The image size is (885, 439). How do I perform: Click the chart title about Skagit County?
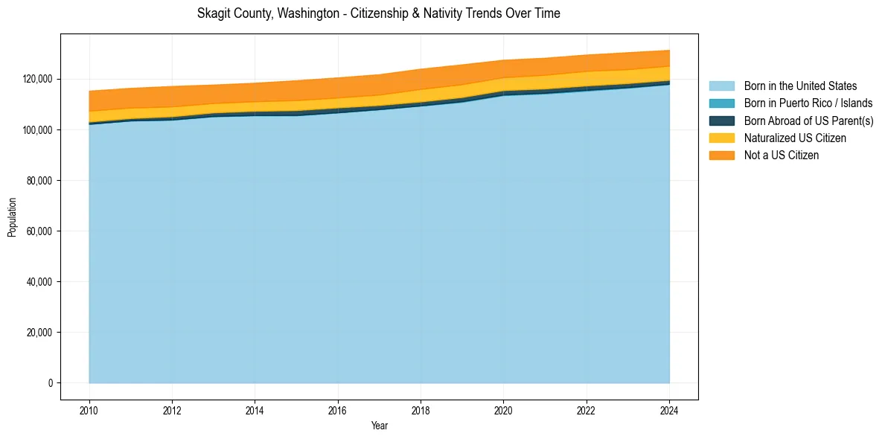378,13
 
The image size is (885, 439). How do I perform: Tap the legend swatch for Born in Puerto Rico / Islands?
721,103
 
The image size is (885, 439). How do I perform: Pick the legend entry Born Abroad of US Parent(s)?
808,121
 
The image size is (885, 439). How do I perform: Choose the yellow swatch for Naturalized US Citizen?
721,138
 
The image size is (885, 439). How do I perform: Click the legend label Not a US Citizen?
781,155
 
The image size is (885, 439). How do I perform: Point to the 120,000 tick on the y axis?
38,79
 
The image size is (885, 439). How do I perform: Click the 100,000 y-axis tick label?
38,130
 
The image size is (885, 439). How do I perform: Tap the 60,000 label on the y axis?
40,231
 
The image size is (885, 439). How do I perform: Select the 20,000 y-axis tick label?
40,333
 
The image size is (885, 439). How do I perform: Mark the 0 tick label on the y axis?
51,383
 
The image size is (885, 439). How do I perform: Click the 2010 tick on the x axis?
89,409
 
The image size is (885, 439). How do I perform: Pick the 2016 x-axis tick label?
338,409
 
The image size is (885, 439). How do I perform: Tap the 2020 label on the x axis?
504,409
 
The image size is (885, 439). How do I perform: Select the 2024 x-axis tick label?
669,409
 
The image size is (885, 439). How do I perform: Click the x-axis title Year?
380,426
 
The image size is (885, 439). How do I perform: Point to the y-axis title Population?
12,217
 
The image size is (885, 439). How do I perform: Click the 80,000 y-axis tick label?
40,181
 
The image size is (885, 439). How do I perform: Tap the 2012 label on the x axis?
172,409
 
